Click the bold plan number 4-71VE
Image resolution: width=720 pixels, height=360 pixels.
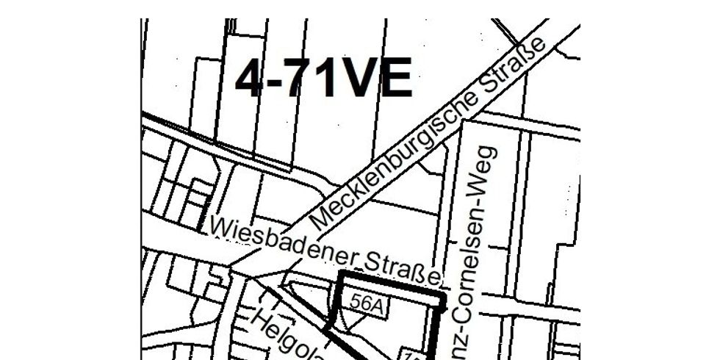click(x=323, y=79)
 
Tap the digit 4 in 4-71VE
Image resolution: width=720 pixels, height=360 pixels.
click(x=250, y=79)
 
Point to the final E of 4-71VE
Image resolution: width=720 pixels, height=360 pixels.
click(x=395, y=79)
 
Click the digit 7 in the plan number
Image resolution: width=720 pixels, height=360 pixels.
click(x=301, y=79)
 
